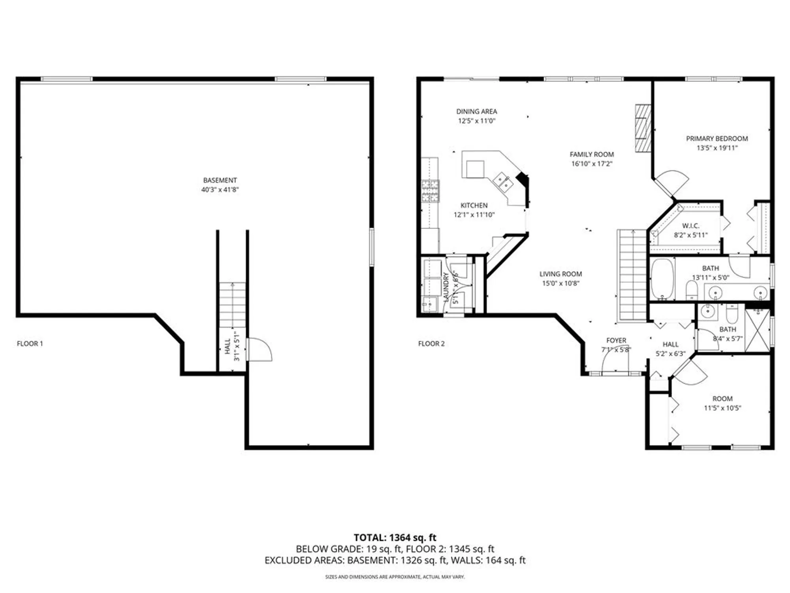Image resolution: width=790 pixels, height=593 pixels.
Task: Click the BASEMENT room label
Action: [x=220, y=180]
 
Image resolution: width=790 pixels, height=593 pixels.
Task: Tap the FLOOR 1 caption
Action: [x=30, y=344]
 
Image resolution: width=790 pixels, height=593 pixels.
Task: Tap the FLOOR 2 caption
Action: [x=431, y=344]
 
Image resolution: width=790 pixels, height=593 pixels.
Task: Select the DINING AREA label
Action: [x=476, y=111]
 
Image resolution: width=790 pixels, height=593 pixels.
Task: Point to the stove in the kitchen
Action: [x=430, y=191]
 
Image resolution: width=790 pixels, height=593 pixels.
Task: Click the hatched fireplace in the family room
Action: [x=643, y=128]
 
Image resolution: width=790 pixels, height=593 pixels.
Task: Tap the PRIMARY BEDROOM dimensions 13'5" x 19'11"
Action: [x=717, y=148]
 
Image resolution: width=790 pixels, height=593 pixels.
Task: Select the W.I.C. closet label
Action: [x=690, y=226]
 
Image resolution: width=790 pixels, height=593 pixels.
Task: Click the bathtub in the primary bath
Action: [x=662, y=279]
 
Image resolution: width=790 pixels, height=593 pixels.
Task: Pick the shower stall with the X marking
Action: [x=757, y=330]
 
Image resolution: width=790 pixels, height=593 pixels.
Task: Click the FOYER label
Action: [x=616, y=340]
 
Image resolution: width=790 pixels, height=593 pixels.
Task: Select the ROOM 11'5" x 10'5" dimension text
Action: [x=722, y=408]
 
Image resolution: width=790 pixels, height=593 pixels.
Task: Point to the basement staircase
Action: [x=232, y=304]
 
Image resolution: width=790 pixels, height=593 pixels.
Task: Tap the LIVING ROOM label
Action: [x=561, y=274]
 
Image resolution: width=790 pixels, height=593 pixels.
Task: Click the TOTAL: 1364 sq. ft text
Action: [x=395, y=538]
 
